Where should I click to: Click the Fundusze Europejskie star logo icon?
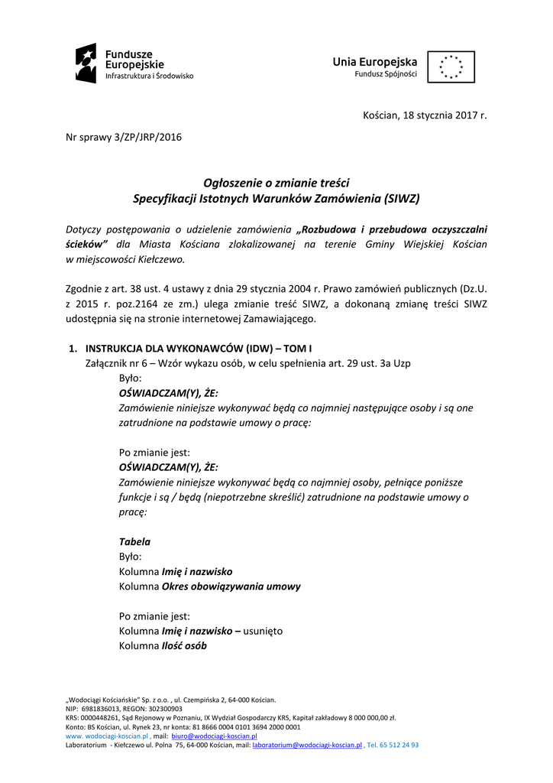click(x=86, y=63)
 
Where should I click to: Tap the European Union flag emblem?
click(x=451, y=67)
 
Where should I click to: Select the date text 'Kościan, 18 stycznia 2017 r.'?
click(x=424, y=115)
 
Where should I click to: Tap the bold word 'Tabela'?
click(x=134, y=541)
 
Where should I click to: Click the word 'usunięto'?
click(x=263, y=631)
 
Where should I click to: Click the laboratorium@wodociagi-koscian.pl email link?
click(x=307, y=744)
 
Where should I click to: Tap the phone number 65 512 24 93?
click(x=399, y=744)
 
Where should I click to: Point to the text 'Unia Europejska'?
click(x=374, y=61)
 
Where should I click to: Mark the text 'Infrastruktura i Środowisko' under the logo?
click(x=149, y=76)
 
